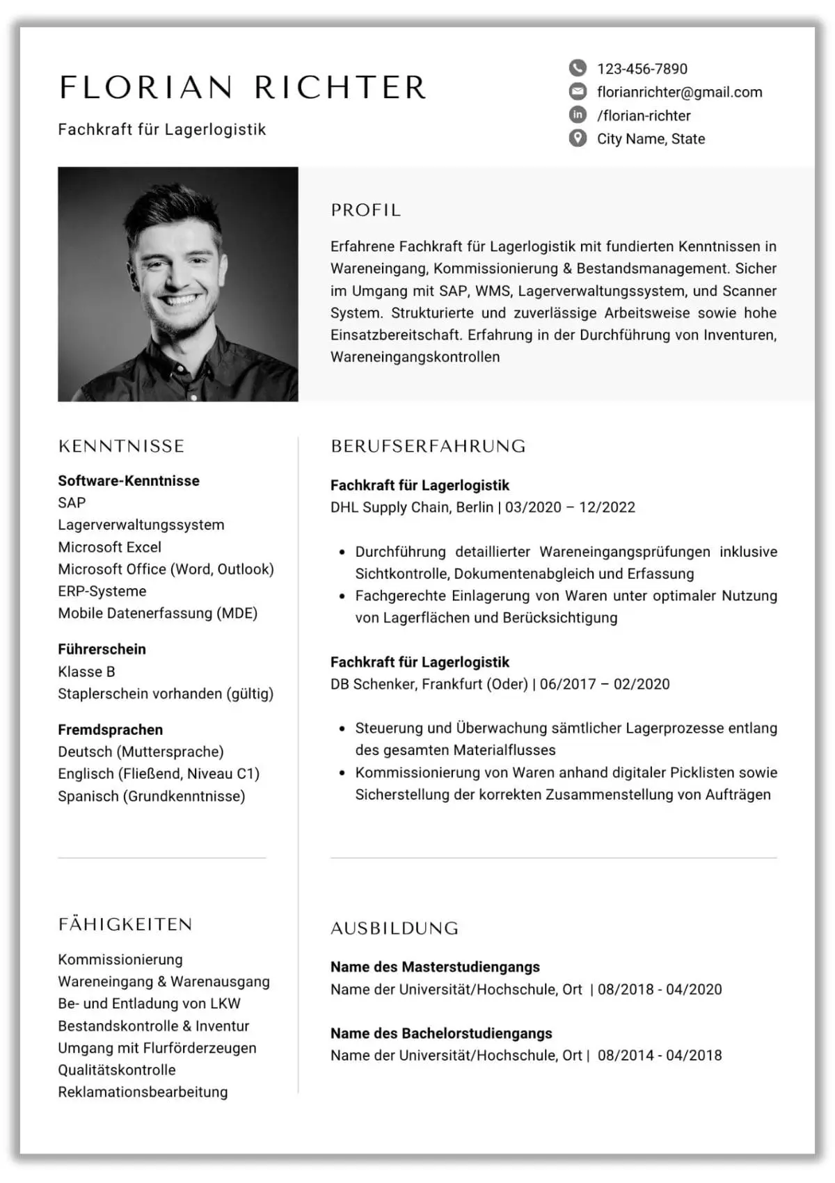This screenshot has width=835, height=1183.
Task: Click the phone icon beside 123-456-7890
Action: coord(578,68)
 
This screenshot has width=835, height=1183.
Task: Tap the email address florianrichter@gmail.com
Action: coord(679,92)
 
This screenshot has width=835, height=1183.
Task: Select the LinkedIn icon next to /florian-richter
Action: coord(578,115)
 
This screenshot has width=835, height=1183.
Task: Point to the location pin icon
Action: coord(578,138)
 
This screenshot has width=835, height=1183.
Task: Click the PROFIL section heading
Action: coord(366,210)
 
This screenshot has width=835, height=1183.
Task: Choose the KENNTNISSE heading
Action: coord(122,446)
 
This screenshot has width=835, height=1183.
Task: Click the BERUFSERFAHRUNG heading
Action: coord(428,446)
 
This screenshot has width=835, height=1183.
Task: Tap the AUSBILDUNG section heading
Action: coord(395,928)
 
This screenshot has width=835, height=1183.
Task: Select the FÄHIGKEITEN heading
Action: coord(125,924)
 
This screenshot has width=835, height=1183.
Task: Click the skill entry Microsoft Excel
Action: coord(109,547)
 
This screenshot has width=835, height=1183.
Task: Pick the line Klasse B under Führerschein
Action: coord(86,672)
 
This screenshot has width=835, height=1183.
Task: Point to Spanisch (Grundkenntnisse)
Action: coord(152,796)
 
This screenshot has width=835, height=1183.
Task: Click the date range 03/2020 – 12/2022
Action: coord(570,507)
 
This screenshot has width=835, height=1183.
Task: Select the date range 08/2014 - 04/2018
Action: coord(660,1055)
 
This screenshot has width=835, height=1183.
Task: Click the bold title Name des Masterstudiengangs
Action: coord(435,967)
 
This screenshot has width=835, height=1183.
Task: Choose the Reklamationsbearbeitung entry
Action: coord(143,1092)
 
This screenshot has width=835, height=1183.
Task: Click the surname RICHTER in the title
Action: coord(340,88)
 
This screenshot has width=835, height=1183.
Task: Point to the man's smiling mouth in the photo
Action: coord(179,302)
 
